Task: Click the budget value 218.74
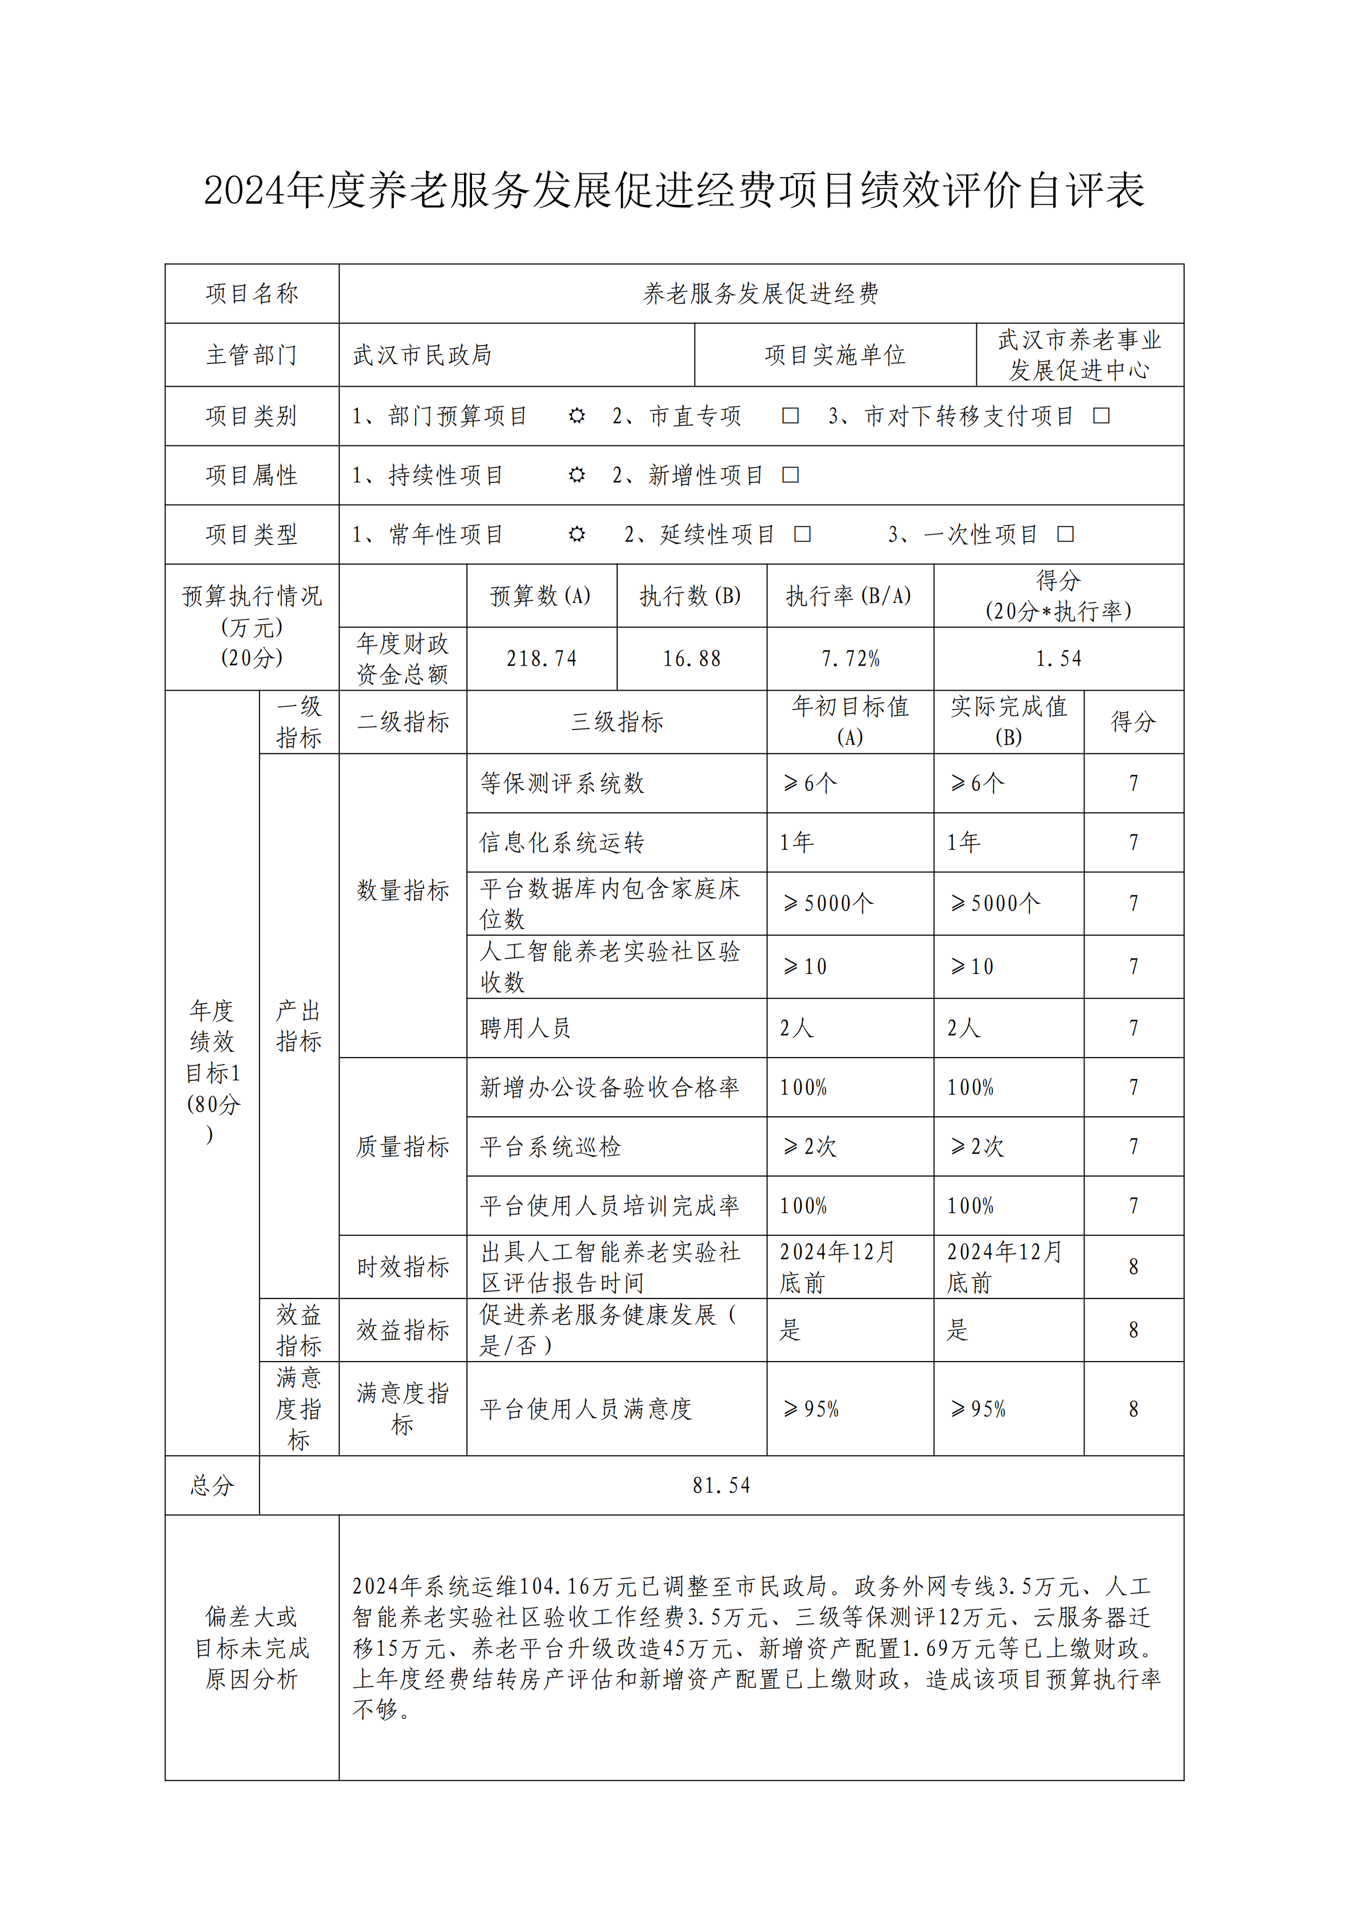(541, 659)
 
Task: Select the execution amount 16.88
(692, 659)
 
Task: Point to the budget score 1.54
(1058, 659)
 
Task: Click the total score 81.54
(721, 1485)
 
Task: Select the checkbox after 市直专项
(790, 416)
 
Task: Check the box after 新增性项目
(790, 476)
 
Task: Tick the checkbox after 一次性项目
(1066, 535)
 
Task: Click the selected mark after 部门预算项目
(576, 416)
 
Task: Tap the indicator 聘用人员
(525, 1028)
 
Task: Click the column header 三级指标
(617, 722)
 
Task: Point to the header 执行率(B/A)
(849, 596)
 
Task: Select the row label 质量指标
(403, 1147)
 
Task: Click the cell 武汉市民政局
(422, 355)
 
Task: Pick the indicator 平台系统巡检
(551, 1147)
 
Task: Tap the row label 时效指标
(403, 1267)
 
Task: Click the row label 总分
(212, 1485)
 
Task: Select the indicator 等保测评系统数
(562, 784)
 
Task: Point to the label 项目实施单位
(835, 355)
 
